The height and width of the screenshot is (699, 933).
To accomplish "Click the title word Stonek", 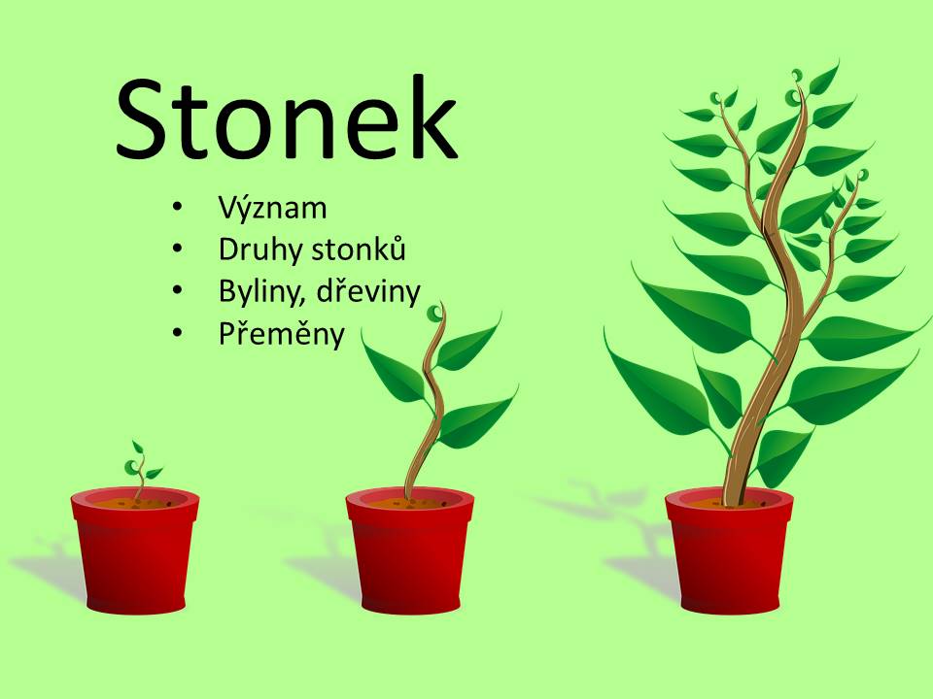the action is click(287, 117).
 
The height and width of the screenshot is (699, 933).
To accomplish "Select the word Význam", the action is click(272, 208).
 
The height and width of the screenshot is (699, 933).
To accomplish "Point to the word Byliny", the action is click(262, 292).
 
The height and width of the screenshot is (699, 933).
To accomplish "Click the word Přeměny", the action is click(282, 334).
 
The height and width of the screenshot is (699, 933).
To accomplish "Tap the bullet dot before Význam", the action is click(176, 208).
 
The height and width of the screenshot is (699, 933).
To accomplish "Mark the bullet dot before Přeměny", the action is click(176, 334).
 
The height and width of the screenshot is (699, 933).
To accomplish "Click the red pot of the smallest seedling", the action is click(135, 549).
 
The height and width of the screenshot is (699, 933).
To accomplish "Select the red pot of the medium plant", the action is click(410, 549).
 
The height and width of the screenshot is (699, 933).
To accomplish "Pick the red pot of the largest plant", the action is click(729, 549).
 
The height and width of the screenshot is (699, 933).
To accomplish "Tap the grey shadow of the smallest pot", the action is click(51, 565).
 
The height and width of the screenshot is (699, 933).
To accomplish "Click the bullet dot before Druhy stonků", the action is click(176, 250).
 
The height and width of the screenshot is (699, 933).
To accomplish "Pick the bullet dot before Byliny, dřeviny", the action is click(176, 292).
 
